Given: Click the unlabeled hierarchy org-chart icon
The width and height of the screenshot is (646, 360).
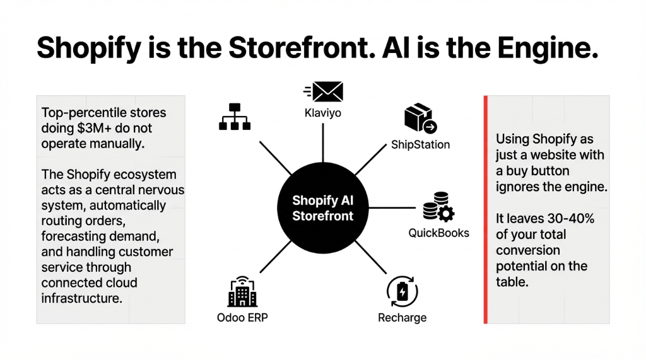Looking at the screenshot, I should click(235, 117).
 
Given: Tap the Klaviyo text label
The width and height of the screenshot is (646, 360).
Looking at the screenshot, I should click(322, 114).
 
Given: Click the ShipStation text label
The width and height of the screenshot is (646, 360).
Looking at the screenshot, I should click(420, 144).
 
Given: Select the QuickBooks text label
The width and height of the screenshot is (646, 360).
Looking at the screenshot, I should click(438, 233).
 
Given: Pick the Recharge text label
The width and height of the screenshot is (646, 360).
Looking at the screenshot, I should click(402, 317).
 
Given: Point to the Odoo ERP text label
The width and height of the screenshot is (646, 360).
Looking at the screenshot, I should click(242, 317).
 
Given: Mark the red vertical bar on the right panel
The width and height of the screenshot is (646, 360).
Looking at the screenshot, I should click(486, 209).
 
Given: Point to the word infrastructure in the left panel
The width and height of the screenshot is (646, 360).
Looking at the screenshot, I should click(81, 298).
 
